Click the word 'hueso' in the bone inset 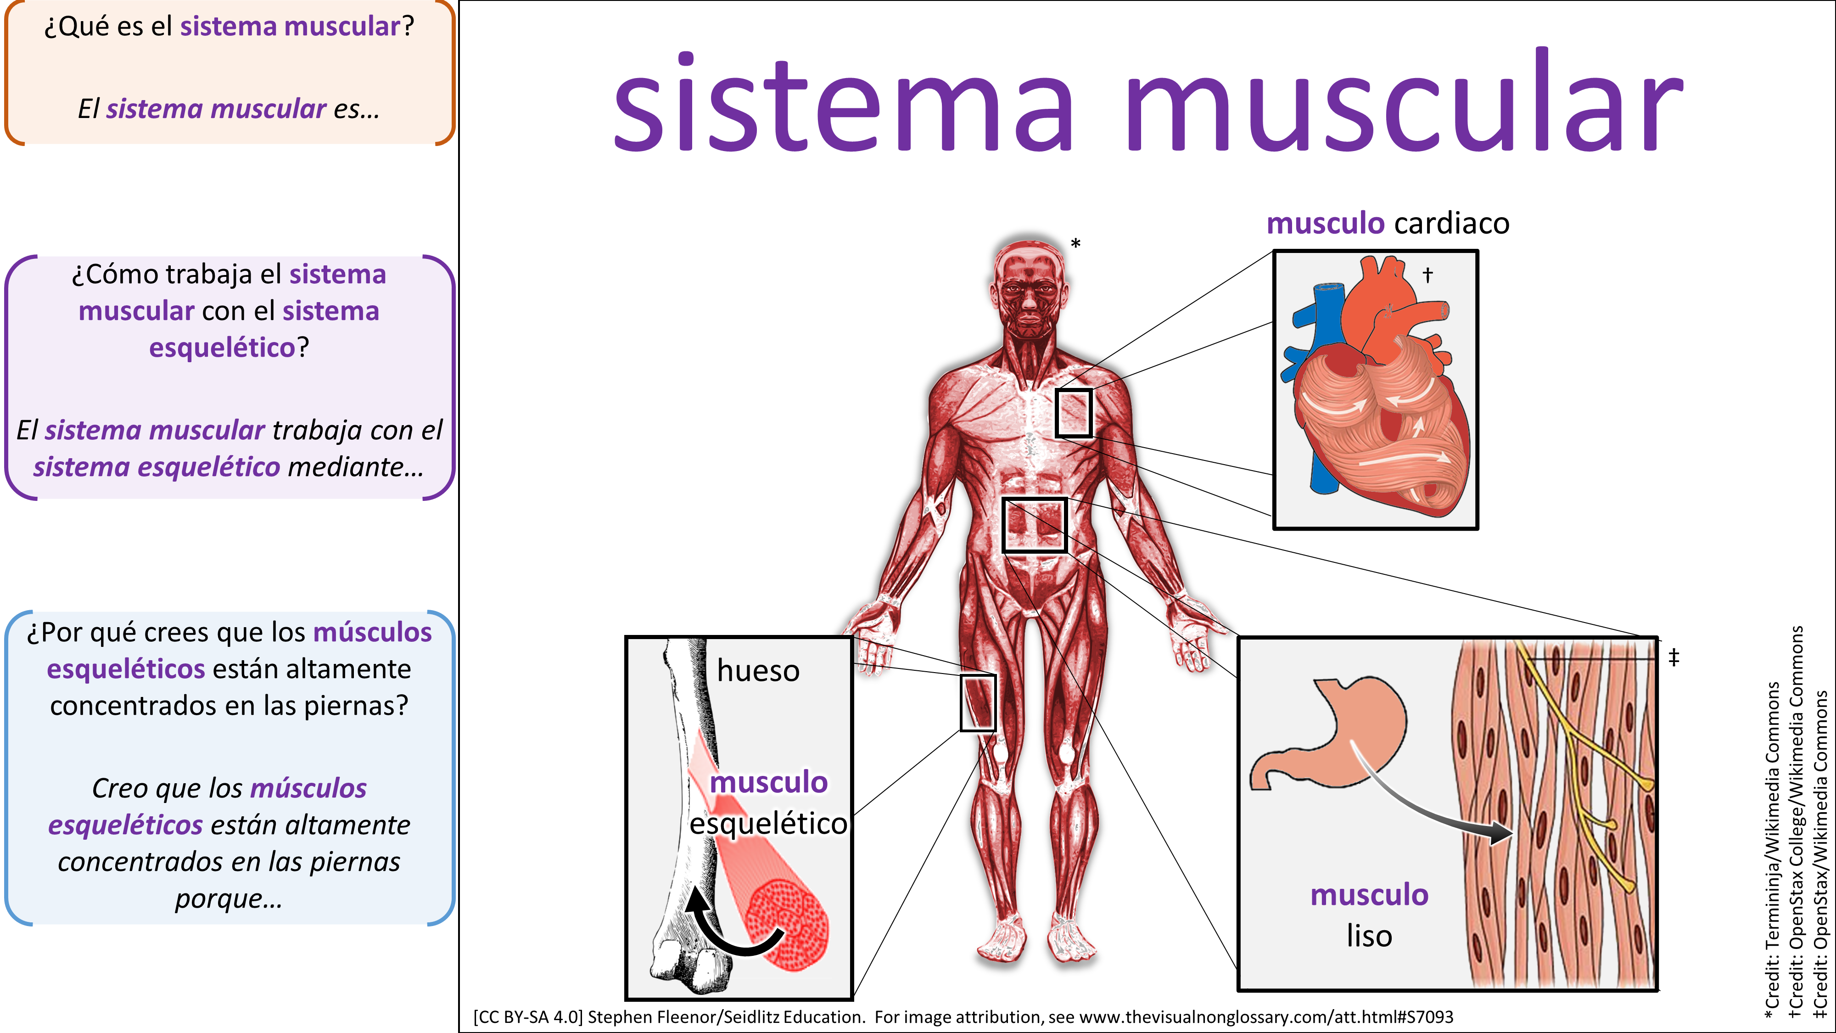pos(758,671)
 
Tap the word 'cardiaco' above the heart pos(1451,223)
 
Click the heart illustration pos(1376,399)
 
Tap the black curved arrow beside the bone pos(727,927)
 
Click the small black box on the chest pos(1074,413)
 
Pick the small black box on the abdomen pos(1034,525)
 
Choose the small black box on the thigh pos(977,702)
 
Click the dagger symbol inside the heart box pos(1427,275)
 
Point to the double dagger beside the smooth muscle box pos(1674,657)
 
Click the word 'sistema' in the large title pos(841,103)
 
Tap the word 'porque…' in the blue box pos(229,898)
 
